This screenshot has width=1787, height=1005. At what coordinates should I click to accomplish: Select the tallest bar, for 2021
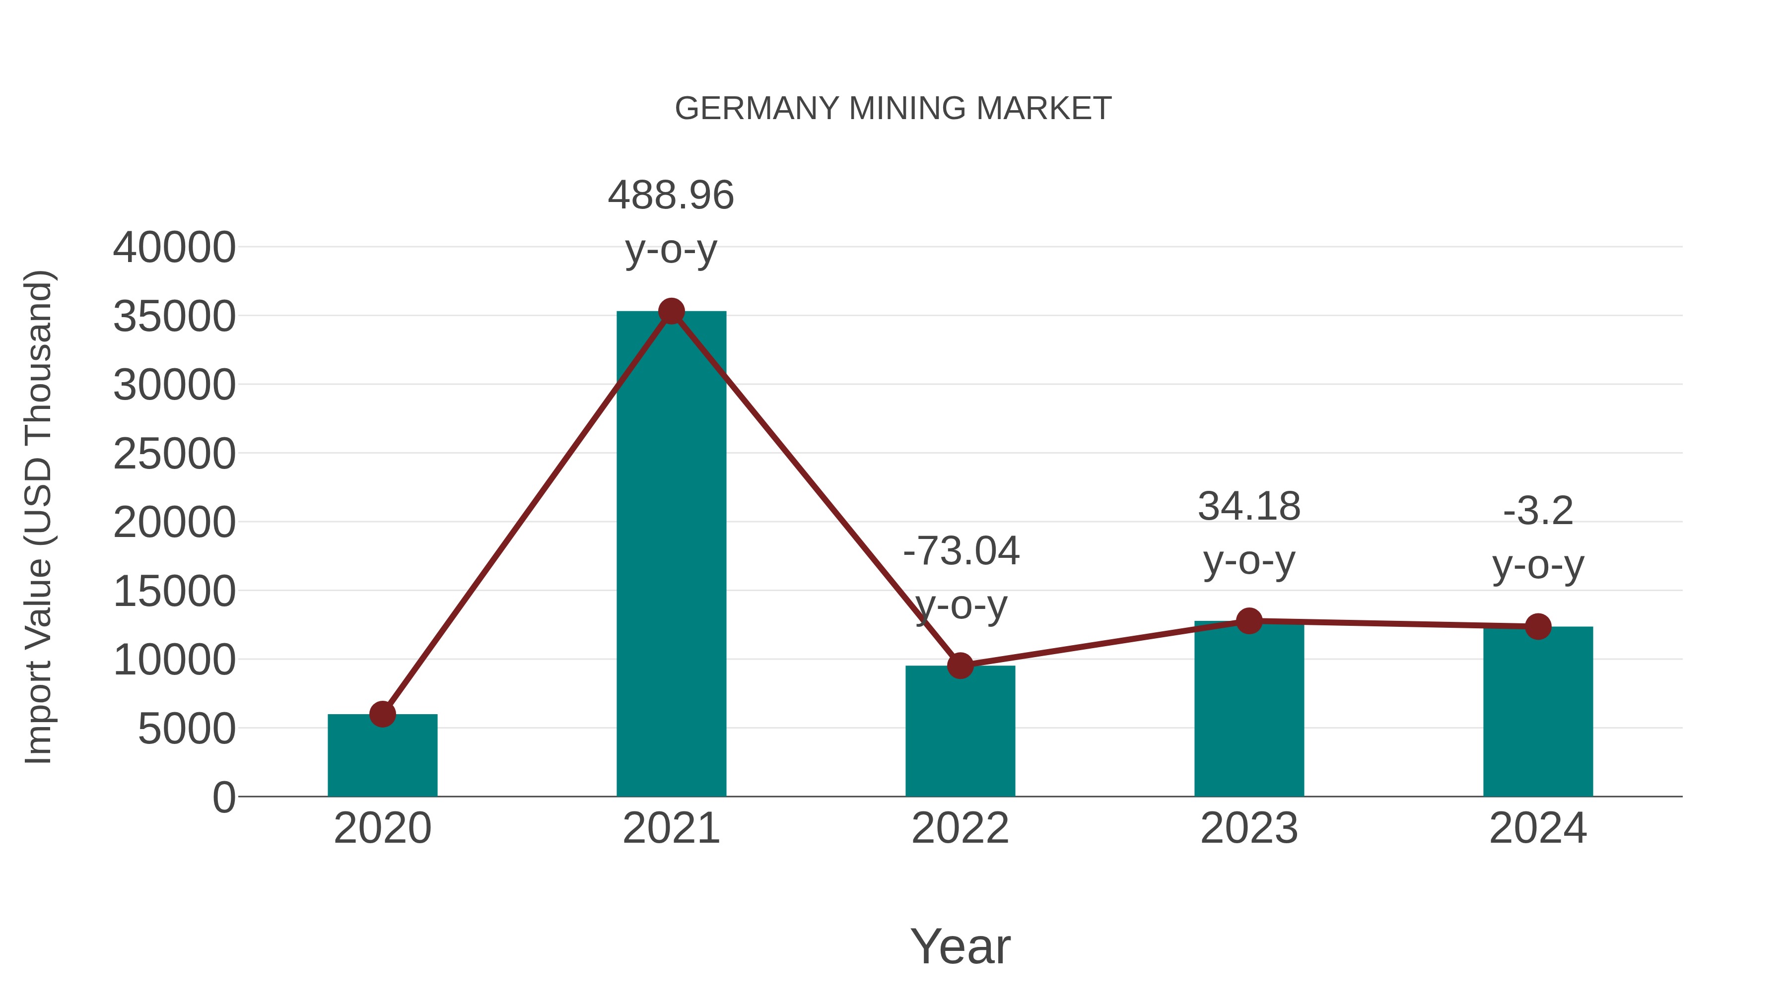(671, 555)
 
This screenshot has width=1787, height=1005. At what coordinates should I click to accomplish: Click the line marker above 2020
(382, 714)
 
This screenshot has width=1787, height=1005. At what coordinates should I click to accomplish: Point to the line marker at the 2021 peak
(671, 311)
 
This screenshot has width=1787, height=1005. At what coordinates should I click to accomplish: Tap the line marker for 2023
(1249, 621)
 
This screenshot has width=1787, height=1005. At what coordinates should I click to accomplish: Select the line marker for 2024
(1538, 626)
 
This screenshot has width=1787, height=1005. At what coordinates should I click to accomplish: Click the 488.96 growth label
(671, 195)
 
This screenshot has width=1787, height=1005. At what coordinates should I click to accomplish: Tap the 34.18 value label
(1249, 506)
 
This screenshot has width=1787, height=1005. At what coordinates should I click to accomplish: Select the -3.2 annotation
(1538, 511)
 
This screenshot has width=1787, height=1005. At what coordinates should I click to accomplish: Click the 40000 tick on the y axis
(174, 248)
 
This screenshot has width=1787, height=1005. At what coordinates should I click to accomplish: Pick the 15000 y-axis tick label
(174, 592)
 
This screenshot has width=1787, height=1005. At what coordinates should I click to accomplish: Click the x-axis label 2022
(960, 828)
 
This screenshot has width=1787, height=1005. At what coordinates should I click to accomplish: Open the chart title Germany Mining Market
(893, 108)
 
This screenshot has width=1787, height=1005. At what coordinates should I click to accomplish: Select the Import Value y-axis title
(39, 517)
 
